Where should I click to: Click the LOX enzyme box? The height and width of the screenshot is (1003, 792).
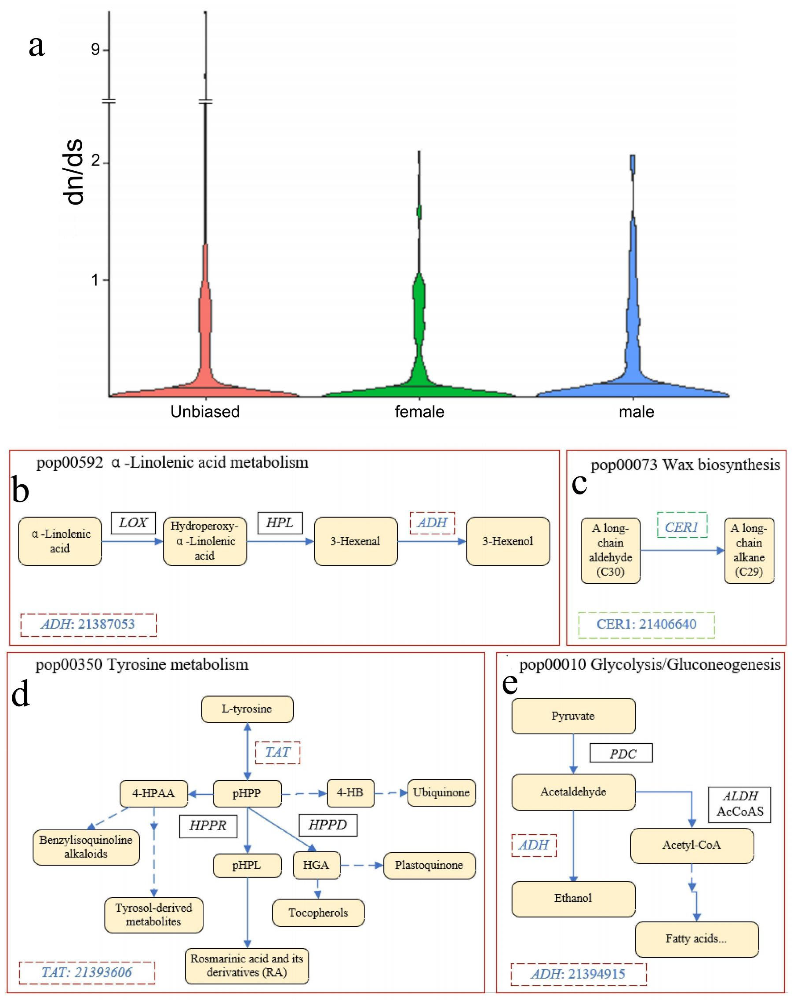click(133, 523)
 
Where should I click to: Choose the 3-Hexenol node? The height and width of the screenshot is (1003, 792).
click(508, 541)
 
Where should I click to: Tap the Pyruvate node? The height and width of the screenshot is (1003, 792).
click(573, 716)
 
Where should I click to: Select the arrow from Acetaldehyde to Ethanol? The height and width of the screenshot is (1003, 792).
click(574, 846)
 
